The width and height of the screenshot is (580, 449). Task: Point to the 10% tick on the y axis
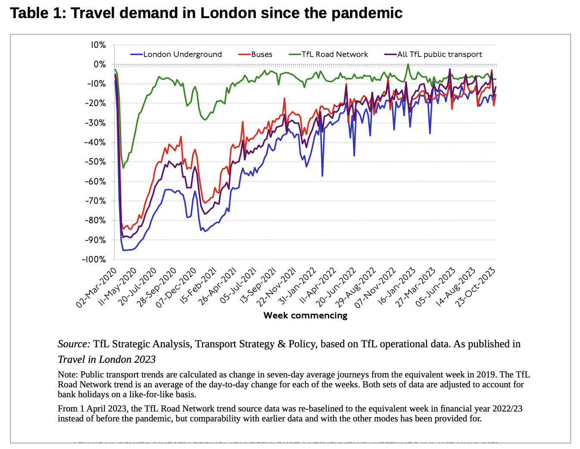pos(98,45)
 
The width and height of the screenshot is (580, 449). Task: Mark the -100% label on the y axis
pos(94,259)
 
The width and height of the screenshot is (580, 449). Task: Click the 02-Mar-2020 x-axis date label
pos(97,287)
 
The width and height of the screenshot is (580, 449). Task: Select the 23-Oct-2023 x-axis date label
pos(476,287)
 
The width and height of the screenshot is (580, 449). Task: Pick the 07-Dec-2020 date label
pos(177,287)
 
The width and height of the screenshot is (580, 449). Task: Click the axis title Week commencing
pos(305,315)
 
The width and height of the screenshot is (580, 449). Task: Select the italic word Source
pos(74,344)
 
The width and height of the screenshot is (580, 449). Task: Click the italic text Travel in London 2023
pos(106,359)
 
